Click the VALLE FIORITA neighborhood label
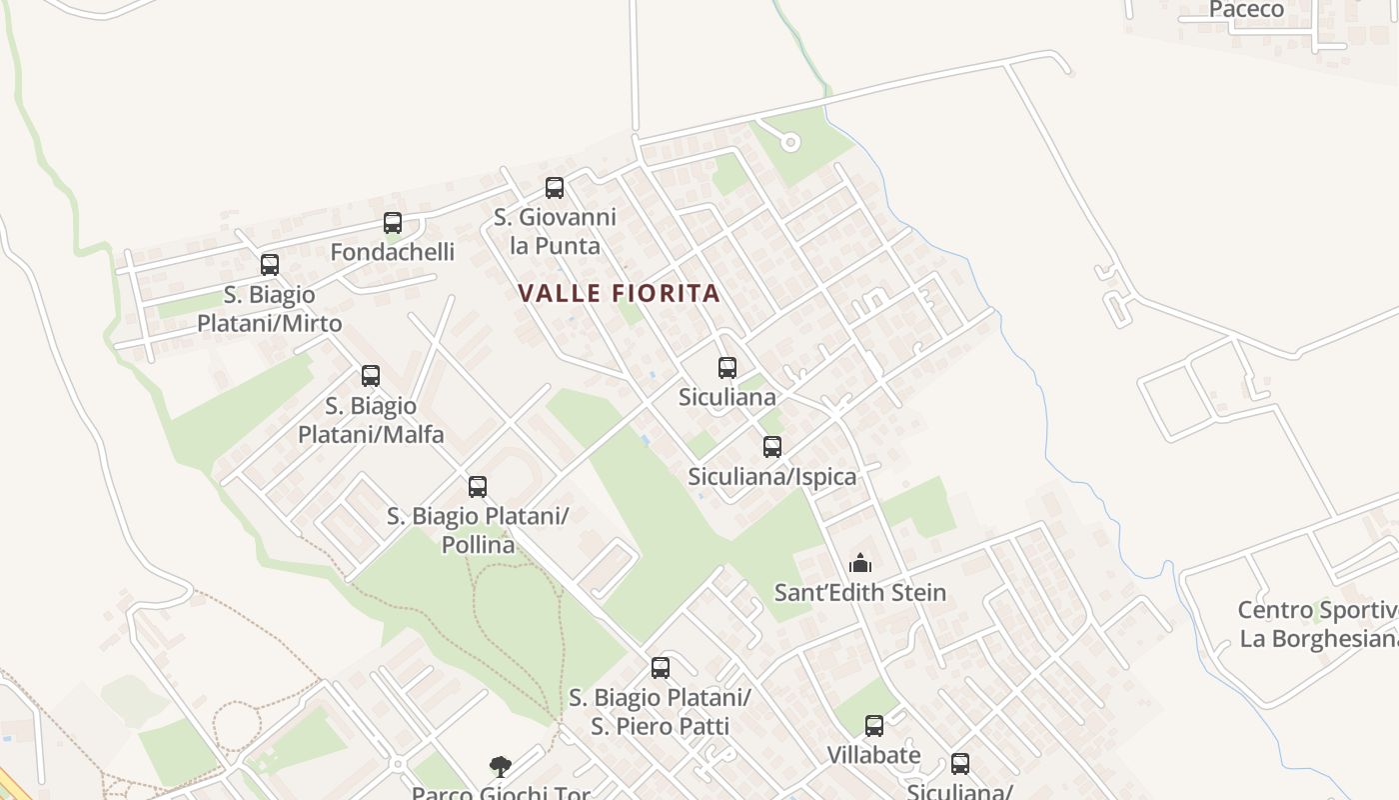pyautogui.click(x=619, y=293)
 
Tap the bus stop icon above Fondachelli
pyautogui.click(x=393, y=223)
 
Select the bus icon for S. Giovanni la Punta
pyautogui.click(x=555, y=187)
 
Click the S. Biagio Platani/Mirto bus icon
pyautogui.click(x=270, y=265)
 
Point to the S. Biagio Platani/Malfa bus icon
pyautogui.click(x=371, y=376)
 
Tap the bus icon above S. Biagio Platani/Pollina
pyautogui.click(x=478, y=487)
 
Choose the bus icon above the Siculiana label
pyautogui.click(x=727, y=368)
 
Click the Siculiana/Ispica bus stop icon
pyautogui.click(x=772, y=447)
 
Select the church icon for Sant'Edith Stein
pyautogui.click(x=860, y=563)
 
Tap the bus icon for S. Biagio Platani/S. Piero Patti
pyautogui.click(x=661, y=668)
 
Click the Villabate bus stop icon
pyautogui.click(x=874, y=726)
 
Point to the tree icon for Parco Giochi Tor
pyautogui.click(x=501, y=767)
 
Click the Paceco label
pyautogui.click(x=1246, y=10)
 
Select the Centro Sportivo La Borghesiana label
pyautogui.click(x=1317, y=624)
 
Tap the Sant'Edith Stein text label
pyautogui.click(x=860, y=592)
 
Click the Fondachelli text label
pyautogui.click(x=393, y=252)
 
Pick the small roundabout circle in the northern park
pyautogui.click(x=790, y=142)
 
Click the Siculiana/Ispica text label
pyautogui.click(x=772, y=477)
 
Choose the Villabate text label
pyautogui.click(x=874, y=755)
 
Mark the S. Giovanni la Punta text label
pyautogui.click(x=555, y=231)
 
